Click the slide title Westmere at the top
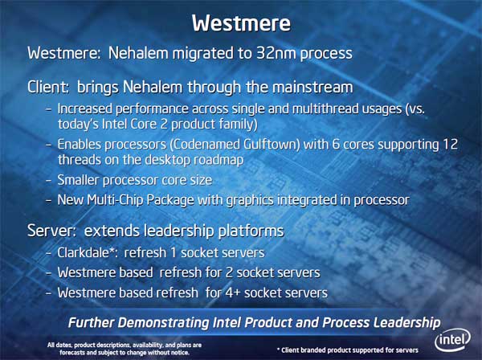(241, 23)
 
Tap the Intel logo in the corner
(452, 340)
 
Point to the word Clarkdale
(84, 252)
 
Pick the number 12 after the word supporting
(451, 144)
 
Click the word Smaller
(78, 180)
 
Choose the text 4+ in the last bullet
(232, 292)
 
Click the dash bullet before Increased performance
(48, 110)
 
